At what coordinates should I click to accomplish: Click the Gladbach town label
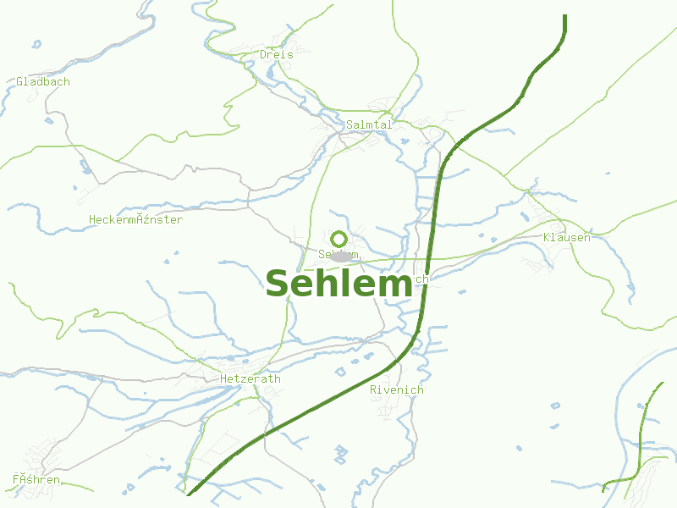pos(43,82)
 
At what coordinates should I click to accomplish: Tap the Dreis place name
pos(277,54)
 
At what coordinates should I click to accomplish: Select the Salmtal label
pos(370,124)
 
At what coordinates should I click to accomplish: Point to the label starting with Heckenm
pos(135,219)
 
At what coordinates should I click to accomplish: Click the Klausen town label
pos(567,237)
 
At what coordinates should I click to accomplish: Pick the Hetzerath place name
pos(250,378)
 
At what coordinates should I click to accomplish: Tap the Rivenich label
pos(397,390)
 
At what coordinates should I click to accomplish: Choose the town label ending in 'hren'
pos(36,480)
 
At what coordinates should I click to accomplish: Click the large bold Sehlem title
pos(338,284)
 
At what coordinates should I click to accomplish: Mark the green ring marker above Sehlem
pos(338,239)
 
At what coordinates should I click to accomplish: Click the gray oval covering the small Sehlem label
pos(341,256)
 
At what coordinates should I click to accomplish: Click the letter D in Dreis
pos(264,54)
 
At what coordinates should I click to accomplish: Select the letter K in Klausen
pos(548,237)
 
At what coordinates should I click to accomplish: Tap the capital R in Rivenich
pos(374,390)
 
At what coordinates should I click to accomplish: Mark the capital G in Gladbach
pos(19,82)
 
